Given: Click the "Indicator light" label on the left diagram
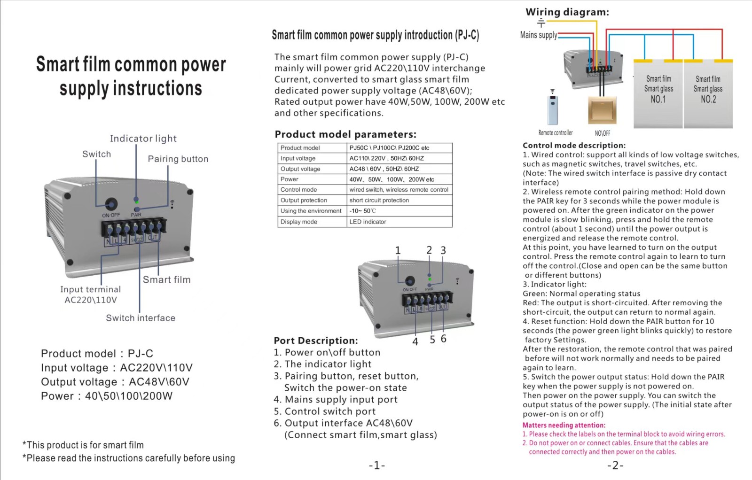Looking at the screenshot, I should (x=143, y=139).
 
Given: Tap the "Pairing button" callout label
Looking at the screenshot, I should (x=178, y=159).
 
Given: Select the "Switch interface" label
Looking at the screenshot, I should (x=141, y=318).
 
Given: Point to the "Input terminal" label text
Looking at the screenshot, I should (x=90, y=289).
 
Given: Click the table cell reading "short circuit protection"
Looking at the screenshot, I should (x=379, y=200).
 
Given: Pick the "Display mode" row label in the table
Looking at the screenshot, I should (x=299, y=222).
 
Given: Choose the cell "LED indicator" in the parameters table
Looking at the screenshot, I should (x=368, y=222).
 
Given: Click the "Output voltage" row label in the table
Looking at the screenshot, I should (x=300, y=169).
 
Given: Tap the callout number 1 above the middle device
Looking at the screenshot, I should (x=398, y=251).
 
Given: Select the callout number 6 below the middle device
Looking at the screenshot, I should (x=443, y=339).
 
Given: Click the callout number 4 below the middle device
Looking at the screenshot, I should (x=415, y=341).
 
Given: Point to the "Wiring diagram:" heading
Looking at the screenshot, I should (x=567, y=12).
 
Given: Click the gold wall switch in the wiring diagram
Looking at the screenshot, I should (x=602, y=110).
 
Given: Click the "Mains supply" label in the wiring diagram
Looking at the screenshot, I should (x=539, y=35).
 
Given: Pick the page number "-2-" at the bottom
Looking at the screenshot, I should (x=615, y=465).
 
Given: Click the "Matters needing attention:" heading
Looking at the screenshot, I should (x=564, y=425).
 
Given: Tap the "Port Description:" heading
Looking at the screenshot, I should (x=316, y=341).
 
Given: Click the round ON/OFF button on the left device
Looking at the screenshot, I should (x=111, y=204).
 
